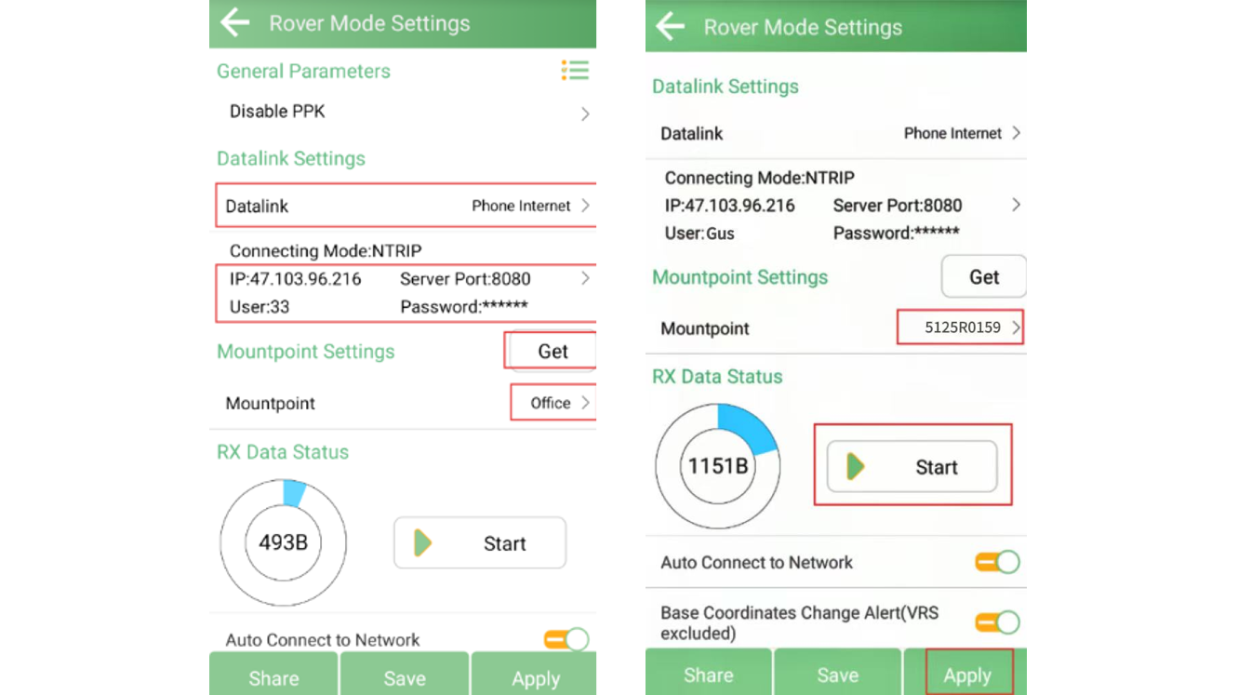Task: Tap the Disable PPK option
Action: (277, 112)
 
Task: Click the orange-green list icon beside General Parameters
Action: (575, 70)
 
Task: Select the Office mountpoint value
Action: (551, 403)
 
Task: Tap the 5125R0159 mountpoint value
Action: (962, 327)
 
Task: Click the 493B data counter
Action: (283, 543)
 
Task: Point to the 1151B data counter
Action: (718, 466)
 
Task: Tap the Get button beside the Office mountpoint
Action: (552, 351)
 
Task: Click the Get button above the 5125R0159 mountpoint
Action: (984, 276)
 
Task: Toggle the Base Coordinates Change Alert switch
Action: (997, 622)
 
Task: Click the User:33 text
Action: (260, 307)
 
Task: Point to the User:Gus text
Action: (699, 234)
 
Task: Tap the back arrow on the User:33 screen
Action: (235, 22)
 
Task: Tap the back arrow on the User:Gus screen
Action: (671, 26)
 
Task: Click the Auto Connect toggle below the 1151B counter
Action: (997, 562)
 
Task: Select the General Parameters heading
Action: (303, 72)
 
